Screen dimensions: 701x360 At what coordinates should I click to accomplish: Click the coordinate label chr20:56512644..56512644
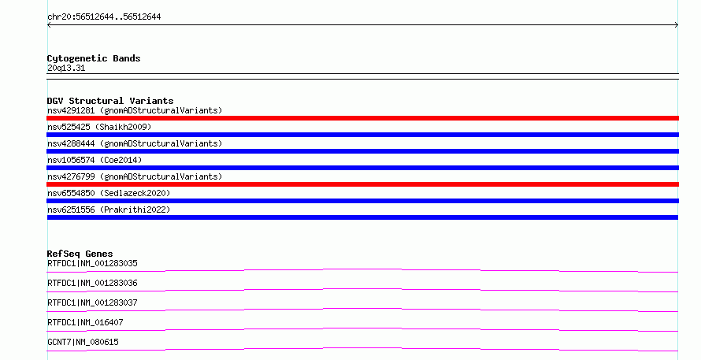[x=104, y=17]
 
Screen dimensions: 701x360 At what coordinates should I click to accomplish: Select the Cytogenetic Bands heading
[x=94, y=58]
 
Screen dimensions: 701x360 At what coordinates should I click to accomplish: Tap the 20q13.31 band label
[x=66, y=68]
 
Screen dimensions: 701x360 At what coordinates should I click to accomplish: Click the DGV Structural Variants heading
[x=110, y=101]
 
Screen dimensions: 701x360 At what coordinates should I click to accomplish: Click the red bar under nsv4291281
[x=362, y=118]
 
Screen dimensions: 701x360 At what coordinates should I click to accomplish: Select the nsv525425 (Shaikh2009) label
[x=99, y=127]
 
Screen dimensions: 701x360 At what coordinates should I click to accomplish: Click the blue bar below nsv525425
[x=362, y=135]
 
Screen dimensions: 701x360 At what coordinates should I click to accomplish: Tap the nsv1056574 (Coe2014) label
[x=95, y=160]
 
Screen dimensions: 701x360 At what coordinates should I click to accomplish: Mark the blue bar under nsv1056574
[x=362, y=168]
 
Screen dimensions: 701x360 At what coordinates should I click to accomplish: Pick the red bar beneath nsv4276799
[x=362, y=184]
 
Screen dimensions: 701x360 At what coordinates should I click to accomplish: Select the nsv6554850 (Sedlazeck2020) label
[x=109, y=193]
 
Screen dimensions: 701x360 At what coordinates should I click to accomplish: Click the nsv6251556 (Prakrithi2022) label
[x=109, y=210]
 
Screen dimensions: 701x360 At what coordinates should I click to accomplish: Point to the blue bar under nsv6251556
[x=362, y=217]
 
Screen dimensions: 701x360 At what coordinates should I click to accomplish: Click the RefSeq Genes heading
[x=80, y=254]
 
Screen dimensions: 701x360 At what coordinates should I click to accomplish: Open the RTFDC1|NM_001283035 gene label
[x=92, y=263]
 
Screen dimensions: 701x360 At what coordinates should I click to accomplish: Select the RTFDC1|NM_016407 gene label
[x=85, y=322]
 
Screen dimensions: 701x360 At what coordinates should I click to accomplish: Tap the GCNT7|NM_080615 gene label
[x=83, y=342]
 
